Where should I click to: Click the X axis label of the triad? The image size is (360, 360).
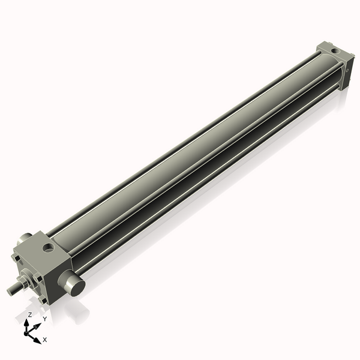45,340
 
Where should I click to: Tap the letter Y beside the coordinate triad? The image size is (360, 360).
44,319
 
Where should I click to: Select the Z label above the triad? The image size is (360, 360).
30,314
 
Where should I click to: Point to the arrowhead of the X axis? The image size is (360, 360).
37,340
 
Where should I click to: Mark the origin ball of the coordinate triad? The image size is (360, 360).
28,331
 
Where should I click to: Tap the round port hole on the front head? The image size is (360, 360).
47,245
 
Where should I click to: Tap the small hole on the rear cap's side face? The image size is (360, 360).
347,70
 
